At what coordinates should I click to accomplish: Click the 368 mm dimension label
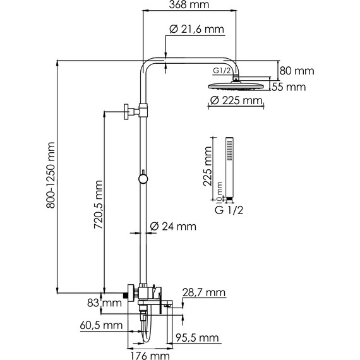189,4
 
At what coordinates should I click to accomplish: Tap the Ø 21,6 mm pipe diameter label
197,29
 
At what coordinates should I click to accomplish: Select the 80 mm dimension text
297,71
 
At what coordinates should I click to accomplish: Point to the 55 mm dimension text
289,87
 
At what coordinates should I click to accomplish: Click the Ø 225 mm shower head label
236,100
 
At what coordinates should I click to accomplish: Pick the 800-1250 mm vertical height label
51,175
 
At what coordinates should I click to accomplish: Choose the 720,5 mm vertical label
99,205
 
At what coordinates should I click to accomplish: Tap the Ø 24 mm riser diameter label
173,226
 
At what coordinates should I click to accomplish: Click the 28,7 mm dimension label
204,292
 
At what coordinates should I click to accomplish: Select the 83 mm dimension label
104,303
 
